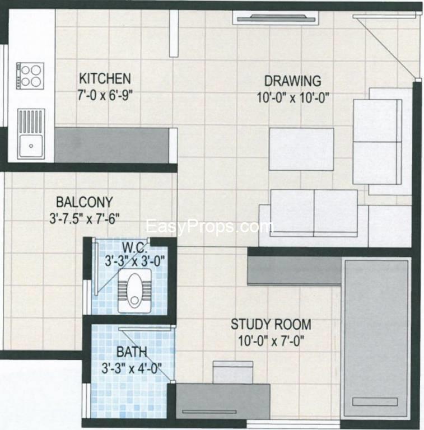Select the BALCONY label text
(85, 202)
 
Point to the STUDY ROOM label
(271, 324)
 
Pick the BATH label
(132, 352)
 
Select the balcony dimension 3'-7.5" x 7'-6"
(85, 216)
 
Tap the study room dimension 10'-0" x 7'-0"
(271, 339)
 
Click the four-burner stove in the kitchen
(31, 76)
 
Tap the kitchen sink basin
(29, 147)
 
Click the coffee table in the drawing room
(301, 149)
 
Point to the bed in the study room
(376, 336)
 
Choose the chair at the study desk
(233, 372)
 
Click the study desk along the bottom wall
(223, 400)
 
